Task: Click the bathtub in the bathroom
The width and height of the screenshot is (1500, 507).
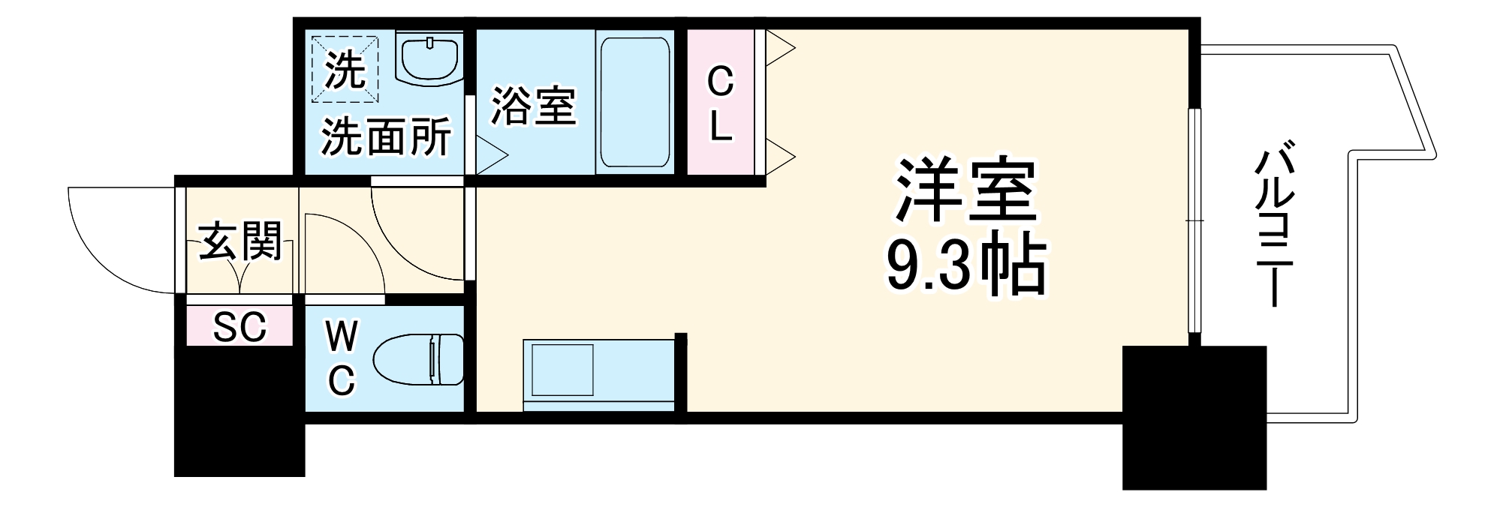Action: [x=634, y=102]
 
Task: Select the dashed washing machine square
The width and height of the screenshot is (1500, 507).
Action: [x=345, y=70]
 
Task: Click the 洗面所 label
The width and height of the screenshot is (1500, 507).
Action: [x=386, y=136]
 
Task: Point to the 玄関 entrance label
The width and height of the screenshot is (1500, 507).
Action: [x=239, y=241]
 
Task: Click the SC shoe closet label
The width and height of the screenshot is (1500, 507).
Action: [x=239, y=326]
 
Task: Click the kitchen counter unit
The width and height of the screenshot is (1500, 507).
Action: [x=601, y=375]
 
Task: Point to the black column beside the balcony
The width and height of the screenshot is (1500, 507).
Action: [x=1194, y=416]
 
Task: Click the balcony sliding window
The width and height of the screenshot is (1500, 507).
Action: [x=1194, y=221]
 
